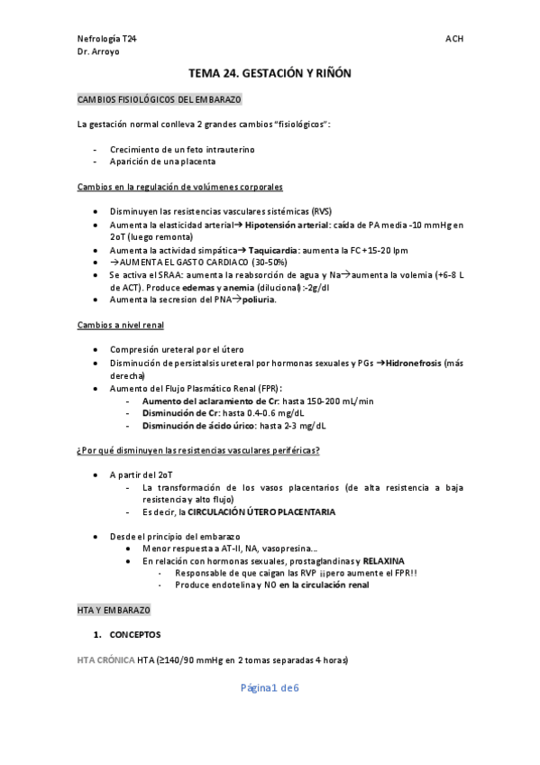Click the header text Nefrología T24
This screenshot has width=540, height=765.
click(107, 40)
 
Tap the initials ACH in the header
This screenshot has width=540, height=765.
click(454, 40)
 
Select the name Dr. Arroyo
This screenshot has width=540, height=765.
click(99, 52)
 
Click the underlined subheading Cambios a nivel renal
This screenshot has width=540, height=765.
click(121, 324)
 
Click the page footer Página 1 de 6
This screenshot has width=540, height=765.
click(270, 688)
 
